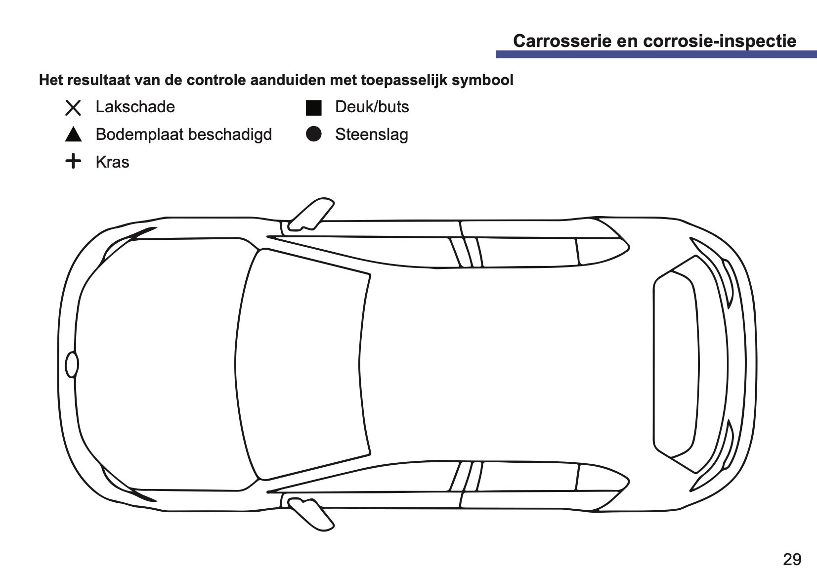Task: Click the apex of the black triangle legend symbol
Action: (73, 127)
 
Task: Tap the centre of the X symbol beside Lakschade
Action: (73, 108)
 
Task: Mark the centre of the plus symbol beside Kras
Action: (73, 161)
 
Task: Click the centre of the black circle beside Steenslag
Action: (314, 134)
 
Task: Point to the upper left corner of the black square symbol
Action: (306, 100)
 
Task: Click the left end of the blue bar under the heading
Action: (496, 54)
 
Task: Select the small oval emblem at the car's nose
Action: (72, 364)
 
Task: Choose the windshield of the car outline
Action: (302, 364)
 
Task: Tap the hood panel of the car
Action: (157, 364)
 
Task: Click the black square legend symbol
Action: (314, 108)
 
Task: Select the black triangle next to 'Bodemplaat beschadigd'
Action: (73, 134)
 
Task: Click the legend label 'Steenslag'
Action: (372, 134)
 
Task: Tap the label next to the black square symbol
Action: (372, 107)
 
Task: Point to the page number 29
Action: (792, 560)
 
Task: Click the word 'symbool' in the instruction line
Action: (482, 80)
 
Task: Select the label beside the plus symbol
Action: (112, 162)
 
